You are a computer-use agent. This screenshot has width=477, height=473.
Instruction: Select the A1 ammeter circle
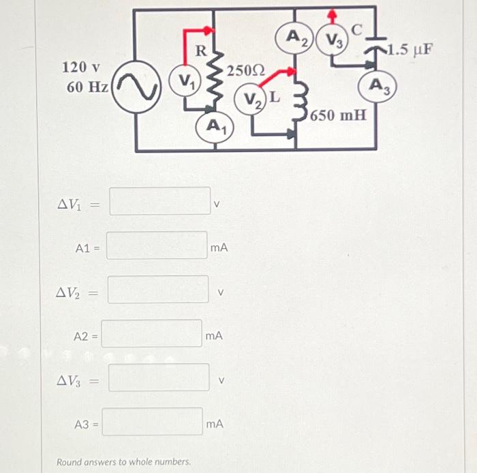tap(215, 126)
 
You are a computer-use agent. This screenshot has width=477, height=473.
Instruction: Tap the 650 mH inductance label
tap(339, 114)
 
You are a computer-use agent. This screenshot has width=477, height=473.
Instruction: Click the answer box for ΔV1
tap(160, 201)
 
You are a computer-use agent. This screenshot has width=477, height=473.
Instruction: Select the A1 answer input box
tap(157, 246)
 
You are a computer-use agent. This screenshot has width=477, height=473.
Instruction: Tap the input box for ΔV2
tap(158, 289)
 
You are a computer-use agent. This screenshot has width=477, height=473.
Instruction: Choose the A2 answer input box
tap(152, 334)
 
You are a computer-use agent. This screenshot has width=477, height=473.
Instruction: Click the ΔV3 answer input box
tap(159, 377)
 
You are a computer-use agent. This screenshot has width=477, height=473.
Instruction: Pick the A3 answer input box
tap(153, 422)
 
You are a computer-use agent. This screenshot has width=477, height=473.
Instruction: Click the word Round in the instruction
tap(70, 462)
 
